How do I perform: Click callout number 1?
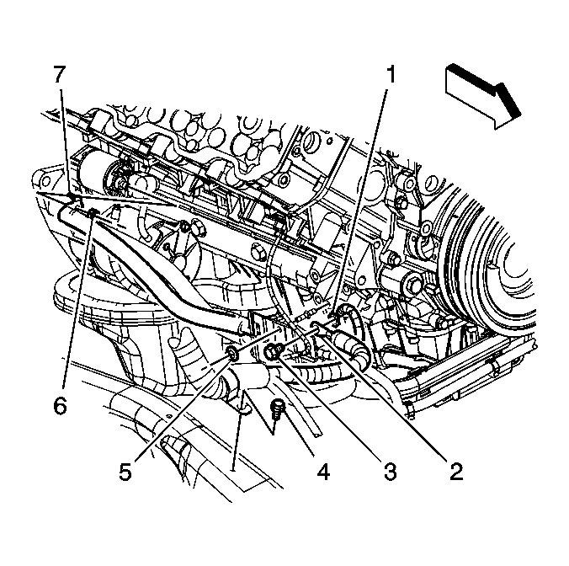[390, 74]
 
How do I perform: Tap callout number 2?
[457, 472]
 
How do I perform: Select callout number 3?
[390, 472]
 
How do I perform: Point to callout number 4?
[323, 472]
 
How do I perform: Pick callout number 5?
[125, 472]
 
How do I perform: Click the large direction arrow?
[482, 96]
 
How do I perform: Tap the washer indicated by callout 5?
[231, 353]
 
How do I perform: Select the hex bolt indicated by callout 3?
[274, 351]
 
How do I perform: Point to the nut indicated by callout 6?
[93, 213]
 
